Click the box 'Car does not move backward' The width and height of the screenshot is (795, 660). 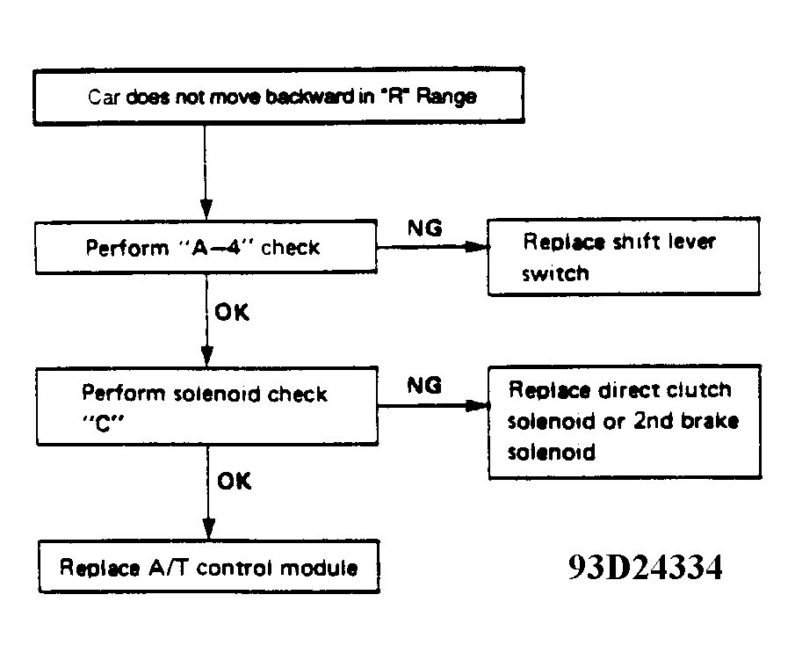(278, 96)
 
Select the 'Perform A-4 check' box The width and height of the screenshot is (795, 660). (206, 247)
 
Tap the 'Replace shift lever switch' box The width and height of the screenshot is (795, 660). (624, 257)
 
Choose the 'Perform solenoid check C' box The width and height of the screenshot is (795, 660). (207, 406)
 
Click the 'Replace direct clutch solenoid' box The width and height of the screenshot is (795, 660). (625, 422)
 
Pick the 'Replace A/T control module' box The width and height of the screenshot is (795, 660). (209, 567)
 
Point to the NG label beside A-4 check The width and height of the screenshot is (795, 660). (425, 228)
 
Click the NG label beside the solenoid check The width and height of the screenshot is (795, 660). (425, 386)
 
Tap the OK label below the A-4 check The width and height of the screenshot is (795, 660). (232, 313)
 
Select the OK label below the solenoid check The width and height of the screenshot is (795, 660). (235, 481)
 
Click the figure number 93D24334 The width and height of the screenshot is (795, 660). (645, 567)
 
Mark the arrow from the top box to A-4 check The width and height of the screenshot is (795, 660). (206, 172)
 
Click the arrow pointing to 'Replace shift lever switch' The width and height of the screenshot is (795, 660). (432, 247)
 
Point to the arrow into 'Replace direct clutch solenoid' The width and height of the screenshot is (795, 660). (433, 406)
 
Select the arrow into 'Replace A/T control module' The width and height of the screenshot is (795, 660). (208, 493)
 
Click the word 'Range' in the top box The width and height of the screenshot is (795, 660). (446, 97)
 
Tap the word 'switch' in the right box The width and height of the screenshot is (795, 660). (556, 274)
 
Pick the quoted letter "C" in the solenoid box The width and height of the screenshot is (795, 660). (103, 423)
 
